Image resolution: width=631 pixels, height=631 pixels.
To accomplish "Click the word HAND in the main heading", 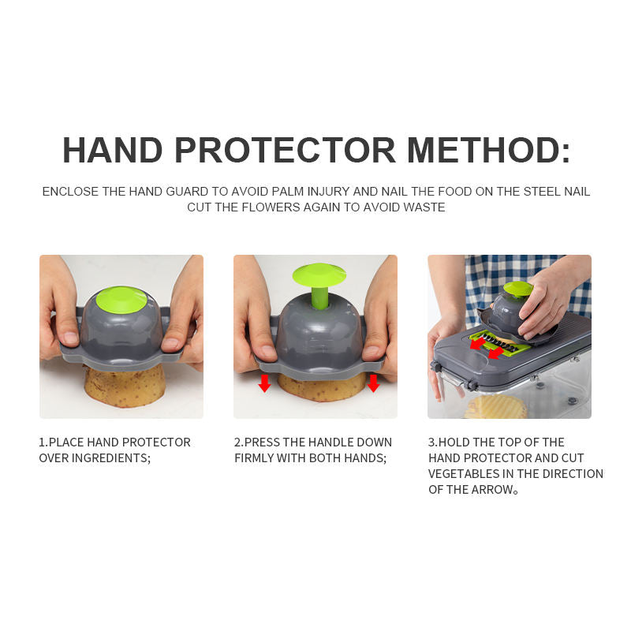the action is pos(112,150).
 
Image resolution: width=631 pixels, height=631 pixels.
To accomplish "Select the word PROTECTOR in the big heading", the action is pos(285,150).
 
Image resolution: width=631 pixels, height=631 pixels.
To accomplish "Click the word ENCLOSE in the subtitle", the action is pos(70,192).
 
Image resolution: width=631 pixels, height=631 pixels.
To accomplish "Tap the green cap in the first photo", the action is pos(121,299).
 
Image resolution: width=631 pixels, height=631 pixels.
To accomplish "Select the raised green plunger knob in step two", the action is pos(319,275).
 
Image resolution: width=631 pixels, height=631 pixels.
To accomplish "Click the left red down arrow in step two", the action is pos(264,383).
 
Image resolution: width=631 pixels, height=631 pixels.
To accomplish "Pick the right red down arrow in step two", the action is pos(373,383).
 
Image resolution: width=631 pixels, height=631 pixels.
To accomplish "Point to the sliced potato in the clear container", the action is pos(495,407).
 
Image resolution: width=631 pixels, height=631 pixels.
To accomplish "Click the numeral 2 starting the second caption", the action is pos(237,442).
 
